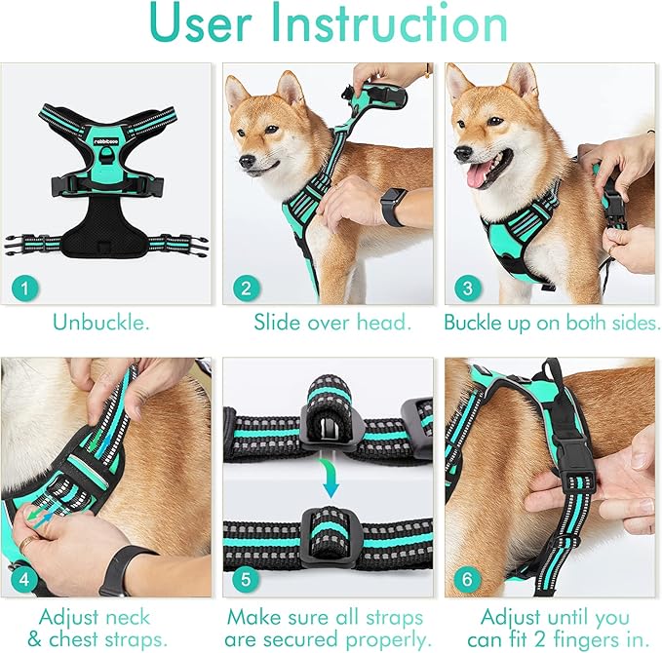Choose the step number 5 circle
click(x=246, y=579)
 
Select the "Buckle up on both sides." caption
click(x=552, y=322)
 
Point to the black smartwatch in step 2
click(x=394, y=206)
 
